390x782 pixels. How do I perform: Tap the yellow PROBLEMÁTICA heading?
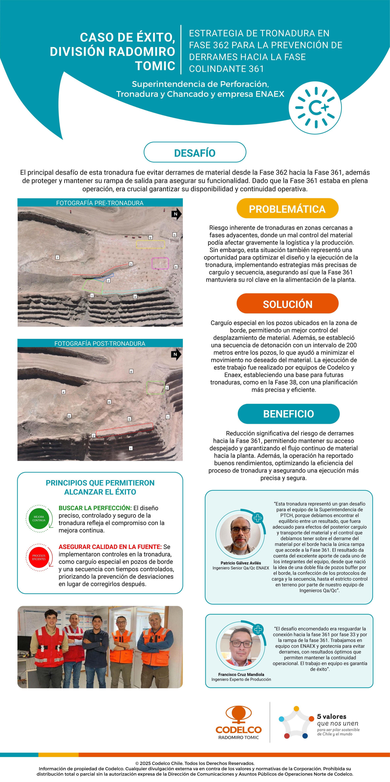coord(287,209)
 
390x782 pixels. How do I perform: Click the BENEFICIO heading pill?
coord(288,414)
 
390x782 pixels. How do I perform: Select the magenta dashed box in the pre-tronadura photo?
coord(160,263)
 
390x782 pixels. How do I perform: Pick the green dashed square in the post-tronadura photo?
coord(156,388)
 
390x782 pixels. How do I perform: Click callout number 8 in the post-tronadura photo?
coord(131,371)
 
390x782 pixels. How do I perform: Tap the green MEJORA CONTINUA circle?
coord(39,519)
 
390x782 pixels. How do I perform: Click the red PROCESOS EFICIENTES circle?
coord(39,557)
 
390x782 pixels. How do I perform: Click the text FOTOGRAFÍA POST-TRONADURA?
coord(100,343)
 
